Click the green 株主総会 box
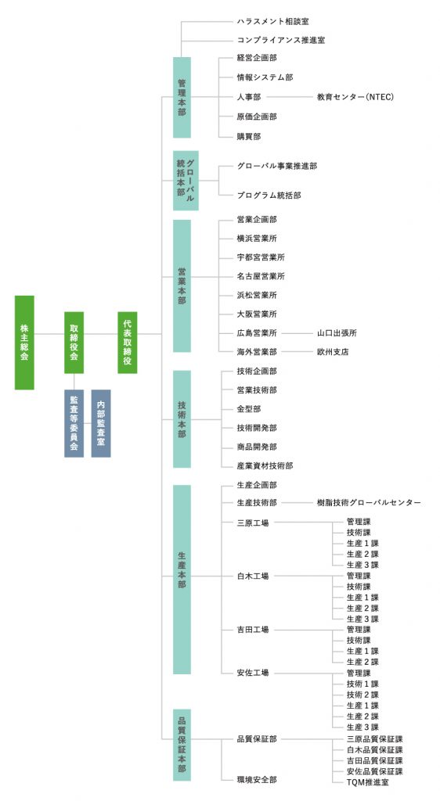click(24, 343)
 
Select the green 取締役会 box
click(74, 343)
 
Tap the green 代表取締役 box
click(128, 343)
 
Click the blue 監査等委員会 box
click(74, 423)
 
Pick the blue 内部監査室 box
click(101, 423)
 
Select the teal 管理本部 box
click(182, 97)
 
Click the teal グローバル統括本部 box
click(186, 181)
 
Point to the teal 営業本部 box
click(182, 286)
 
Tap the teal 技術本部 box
click(182, 419)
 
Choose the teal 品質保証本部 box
click(182, 745)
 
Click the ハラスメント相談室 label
click(273, 21)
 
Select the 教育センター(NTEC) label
click(355, 96)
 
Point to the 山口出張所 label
click(337, 333)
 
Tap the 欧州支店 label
click(333, 352)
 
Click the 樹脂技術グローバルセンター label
click(369, 503)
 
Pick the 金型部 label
click(249, 408)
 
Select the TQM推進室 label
click(367, 782)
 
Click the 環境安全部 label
click(257, 780)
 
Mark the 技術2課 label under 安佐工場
click(362, 695)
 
